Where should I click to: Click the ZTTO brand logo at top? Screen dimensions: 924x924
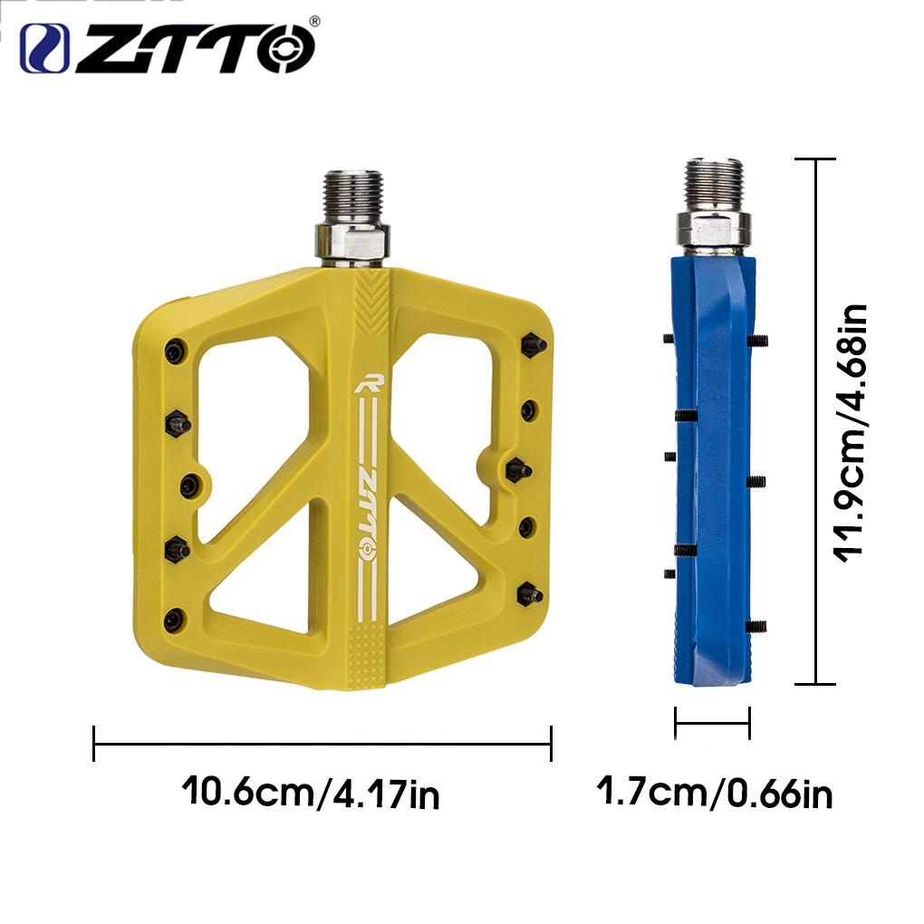pos(168,47)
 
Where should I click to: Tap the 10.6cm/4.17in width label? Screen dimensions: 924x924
pos(311,792)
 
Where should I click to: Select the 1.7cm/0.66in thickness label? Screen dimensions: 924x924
pos(715,793)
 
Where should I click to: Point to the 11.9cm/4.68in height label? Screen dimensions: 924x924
pos(852,433)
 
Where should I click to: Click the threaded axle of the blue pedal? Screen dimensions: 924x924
pos(714,184)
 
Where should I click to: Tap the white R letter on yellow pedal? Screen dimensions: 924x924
pos(369,383)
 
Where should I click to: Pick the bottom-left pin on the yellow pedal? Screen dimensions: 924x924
pos(173,620)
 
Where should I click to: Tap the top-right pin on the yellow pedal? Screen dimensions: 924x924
pos(533,344)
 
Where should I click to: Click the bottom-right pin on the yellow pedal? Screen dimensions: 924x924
pos(529,595)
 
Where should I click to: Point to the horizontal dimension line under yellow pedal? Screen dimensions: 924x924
pos(322,745)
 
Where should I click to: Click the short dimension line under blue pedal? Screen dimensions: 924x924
pos(712,722)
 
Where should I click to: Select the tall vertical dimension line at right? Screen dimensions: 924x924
pos(817,421)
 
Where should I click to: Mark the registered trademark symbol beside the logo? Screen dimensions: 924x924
pos(313,20)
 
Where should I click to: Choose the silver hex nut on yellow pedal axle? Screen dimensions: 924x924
pos(353,240)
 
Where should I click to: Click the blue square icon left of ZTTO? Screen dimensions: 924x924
pos(44,48)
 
